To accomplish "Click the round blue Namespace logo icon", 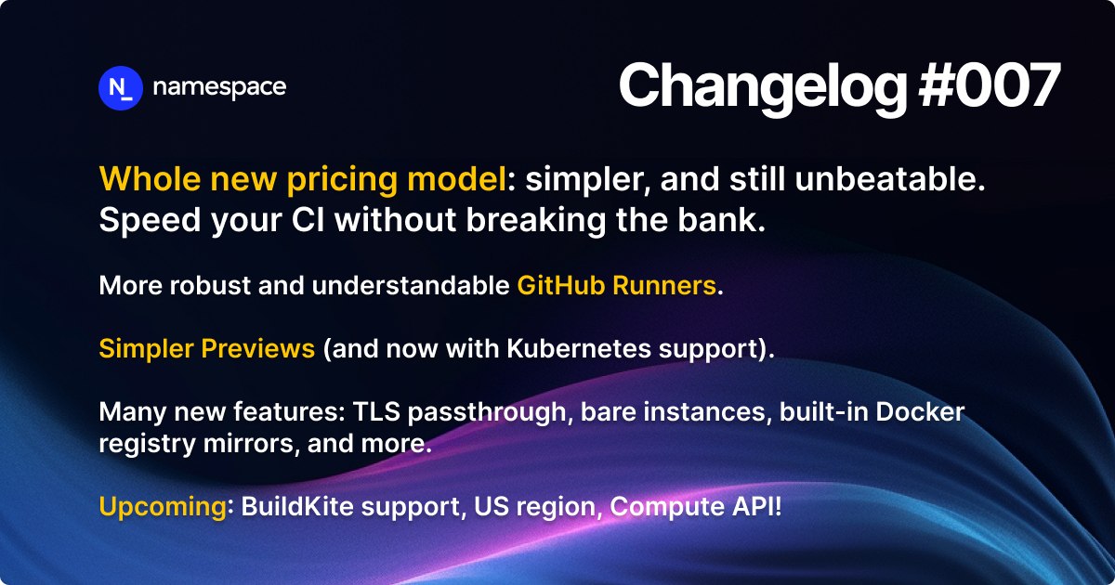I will (x=120, y=88).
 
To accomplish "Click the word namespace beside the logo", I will (x=219, y=88).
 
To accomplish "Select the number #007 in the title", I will (x=990, y=86).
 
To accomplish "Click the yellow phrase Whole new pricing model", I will (x=303, y=179).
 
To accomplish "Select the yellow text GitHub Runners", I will (x=617, y=285).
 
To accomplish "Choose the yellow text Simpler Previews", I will (x=207, y=349).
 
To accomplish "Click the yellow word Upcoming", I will (x=162, y=507).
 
